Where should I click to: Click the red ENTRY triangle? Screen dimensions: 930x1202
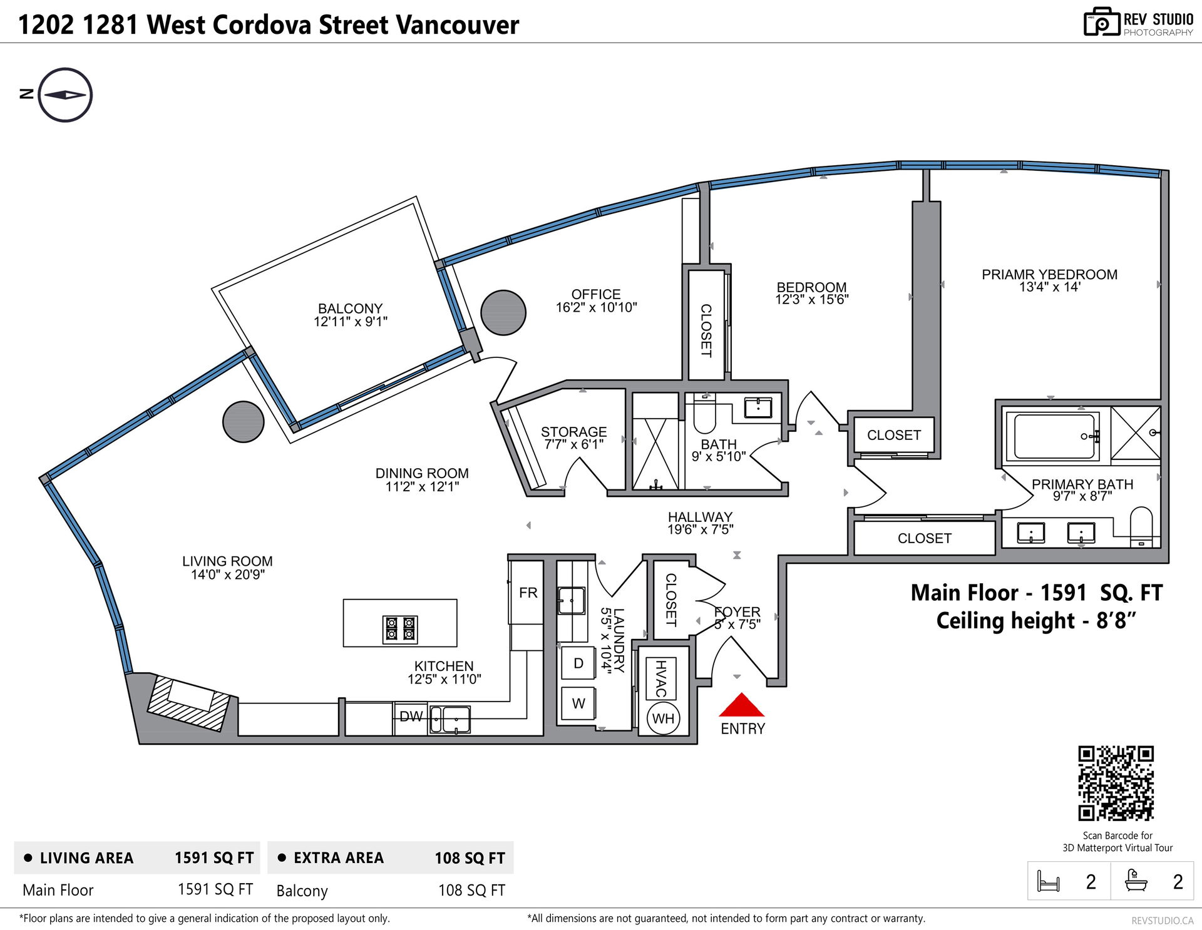741,706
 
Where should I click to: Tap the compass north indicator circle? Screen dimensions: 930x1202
65,95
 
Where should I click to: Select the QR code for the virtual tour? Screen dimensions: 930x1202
1116,783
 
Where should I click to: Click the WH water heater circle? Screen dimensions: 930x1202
663,718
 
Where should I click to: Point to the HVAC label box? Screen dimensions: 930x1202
661,678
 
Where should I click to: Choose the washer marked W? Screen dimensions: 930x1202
578,703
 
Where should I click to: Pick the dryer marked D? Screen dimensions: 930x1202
578,663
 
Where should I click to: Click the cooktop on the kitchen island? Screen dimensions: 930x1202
400,630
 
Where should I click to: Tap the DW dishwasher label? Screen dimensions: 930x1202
411,717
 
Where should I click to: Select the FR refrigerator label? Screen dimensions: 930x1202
528,593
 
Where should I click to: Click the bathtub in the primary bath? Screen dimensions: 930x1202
1055,436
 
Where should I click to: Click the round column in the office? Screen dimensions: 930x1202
503,313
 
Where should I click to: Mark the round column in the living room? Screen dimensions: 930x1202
244,422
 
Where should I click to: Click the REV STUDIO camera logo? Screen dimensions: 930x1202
1101,23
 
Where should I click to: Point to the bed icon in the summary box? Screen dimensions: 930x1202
1049,881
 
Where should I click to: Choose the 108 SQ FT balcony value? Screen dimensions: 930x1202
471,890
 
